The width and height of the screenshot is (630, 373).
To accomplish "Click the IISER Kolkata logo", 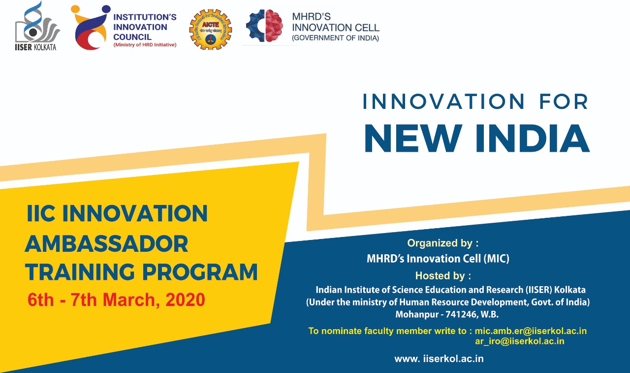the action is tap(37, 26).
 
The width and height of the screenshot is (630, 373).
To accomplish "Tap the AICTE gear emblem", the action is tap(211, 29).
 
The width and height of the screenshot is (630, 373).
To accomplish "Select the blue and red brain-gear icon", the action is tap(264, 26).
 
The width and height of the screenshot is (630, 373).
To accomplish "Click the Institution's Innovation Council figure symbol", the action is tap(91, 27).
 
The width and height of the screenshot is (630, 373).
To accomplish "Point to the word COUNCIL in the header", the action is tap(132, 37).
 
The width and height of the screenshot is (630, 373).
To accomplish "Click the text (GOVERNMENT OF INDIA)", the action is tap(336, 38).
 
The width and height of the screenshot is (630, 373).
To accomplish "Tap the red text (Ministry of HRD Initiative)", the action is tap(145, 45).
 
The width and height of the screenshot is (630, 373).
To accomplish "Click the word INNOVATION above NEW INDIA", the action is tap(443, 102).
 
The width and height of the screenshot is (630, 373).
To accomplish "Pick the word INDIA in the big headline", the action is tap(533, 138).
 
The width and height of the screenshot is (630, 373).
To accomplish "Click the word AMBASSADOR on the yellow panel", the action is tap(107, 244).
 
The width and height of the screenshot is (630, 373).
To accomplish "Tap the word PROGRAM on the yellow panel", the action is tap(200, 272).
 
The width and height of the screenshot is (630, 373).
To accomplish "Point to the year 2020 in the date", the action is tap(185, 300).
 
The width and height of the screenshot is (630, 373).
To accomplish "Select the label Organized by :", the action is tap(442, 243).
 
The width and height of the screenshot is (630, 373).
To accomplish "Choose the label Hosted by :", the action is tap(443, 276).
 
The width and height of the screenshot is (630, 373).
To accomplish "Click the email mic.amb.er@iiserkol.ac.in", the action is tap(531, 331).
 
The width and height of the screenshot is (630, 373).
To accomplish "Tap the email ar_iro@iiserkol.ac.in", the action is tap(520, 341).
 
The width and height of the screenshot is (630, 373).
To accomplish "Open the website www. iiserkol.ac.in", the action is tap(439, 359).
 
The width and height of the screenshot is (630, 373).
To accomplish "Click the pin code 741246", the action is tap(462, 314).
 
